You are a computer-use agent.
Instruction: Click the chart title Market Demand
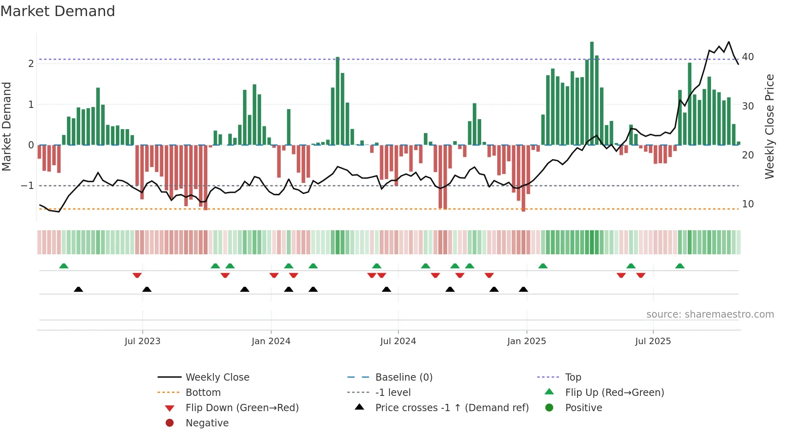coord(58,11)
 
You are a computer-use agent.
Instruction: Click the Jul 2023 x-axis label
coord(142,341)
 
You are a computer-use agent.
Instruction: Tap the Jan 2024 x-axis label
coord(271,341)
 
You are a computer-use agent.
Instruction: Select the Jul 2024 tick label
coord(398,341)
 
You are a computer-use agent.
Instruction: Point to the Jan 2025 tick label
coord(526,341)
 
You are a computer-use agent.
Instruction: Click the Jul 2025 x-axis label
coord(653,341)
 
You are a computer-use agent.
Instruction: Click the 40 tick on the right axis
coord(748,57)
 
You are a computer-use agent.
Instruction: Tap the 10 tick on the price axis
coord(748,204)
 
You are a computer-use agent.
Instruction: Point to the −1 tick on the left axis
coord(27,186)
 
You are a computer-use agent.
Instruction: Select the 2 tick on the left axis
coord(31,64)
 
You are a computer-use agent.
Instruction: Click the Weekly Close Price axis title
coord(769,126)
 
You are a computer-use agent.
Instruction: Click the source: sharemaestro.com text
coord(710,314)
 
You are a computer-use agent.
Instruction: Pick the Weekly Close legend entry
coord(217,377)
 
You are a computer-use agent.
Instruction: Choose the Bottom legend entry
coord(203,393)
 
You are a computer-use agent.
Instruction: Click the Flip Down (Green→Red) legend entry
coord(242,408)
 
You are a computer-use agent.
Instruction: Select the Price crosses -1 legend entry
coord(452,408)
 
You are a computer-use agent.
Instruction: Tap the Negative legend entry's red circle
coord(170,423)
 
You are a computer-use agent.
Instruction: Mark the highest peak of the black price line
coord(729,42)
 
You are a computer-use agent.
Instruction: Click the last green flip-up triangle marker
coord(680,266)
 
